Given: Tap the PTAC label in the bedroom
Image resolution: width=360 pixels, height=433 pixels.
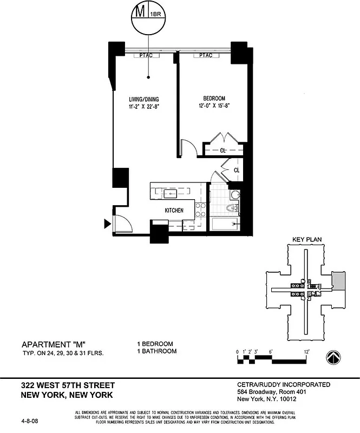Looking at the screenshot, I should pyautogui.click(x=205, y=55).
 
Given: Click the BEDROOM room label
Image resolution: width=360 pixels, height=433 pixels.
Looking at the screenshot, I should pyautogui.click(x=214, y=98).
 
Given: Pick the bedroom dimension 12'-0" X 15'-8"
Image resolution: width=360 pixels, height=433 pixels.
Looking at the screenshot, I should pyautogui.click(x=214, y=106).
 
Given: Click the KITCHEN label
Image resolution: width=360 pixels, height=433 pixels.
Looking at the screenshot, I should pyautogui.click(x=174, y=211).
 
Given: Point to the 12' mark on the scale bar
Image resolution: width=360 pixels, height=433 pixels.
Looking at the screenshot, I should pyautogui.click(x=306, y=351).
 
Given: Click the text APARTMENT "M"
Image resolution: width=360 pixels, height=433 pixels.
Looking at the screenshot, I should pyautogui.click(x=54, y=344).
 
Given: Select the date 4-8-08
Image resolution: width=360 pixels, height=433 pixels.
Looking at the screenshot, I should pyautogui.click(x=30, y=418).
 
